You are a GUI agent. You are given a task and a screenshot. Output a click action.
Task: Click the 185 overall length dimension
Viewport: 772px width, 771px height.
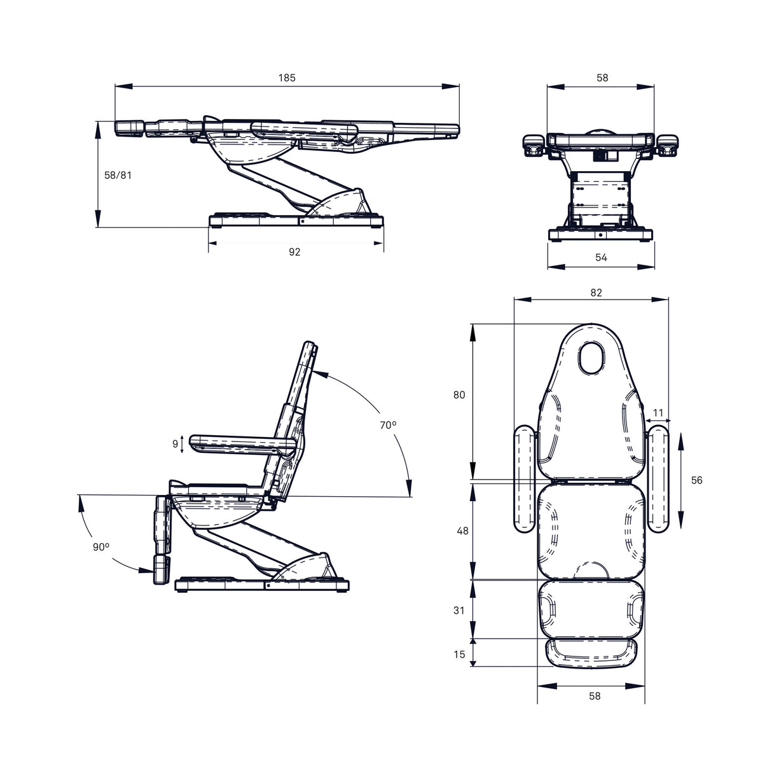point(287,78)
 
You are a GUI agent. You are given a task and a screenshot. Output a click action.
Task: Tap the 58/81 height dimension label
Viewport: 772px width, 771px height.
point(118,175)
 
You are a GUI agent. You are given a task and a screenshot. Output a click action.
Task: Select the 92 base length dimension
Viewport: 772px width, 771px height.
point(294,252)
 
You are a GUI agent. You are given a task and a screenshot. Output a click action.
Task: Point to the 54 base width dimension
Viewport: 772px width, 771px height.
point(601,258)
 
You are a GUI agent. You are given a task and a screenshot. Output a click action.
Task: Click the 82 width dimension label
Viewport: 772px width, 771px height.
point(596,293)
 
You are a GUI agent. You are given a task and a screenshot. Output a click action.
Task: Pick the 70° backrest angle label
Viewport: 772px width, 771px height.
point(388,425)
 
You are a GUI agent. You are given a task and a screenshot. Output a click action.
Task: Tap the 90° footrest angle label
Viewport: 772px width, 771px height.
point(101,547)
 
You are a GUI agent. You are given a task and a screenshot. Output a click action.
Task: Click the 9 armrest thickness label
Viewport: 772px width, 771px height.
point(175,444)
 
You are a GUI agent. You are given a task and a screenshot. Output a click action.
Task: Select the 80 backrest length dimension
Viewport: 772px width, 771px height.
point(459,395)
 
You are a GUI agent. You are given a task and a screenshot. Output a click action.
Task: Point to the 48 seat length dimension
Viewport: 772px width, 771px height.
point(462,531)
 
